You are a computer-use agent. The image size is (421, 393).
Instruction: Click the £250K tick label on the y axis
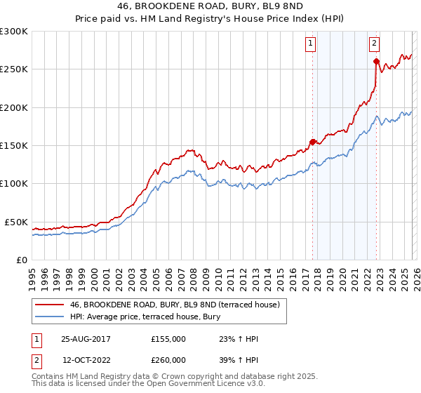(14, 69)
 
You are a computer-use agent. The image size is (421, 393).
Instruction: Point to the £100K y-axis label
(14, 183)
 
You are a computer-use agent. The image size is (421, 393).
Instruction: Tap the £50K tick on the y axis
(16, 222)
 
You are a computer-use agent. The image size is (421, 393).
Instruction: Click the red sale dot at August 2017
(312, 141)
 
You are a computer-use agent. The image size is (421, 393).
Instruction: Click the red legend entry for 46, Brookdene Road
(175, 305)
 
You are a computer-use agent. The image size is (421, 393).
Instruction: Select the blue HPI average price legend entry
(145, 317)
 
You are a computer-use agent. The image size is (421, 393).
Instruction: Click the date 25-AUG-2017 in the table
(86, 339)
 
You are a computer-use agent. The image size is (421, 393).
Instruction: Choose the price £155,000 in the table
(168, 339)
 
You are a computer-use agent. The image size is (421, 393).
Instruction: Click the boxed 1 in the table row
(36, 339)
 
